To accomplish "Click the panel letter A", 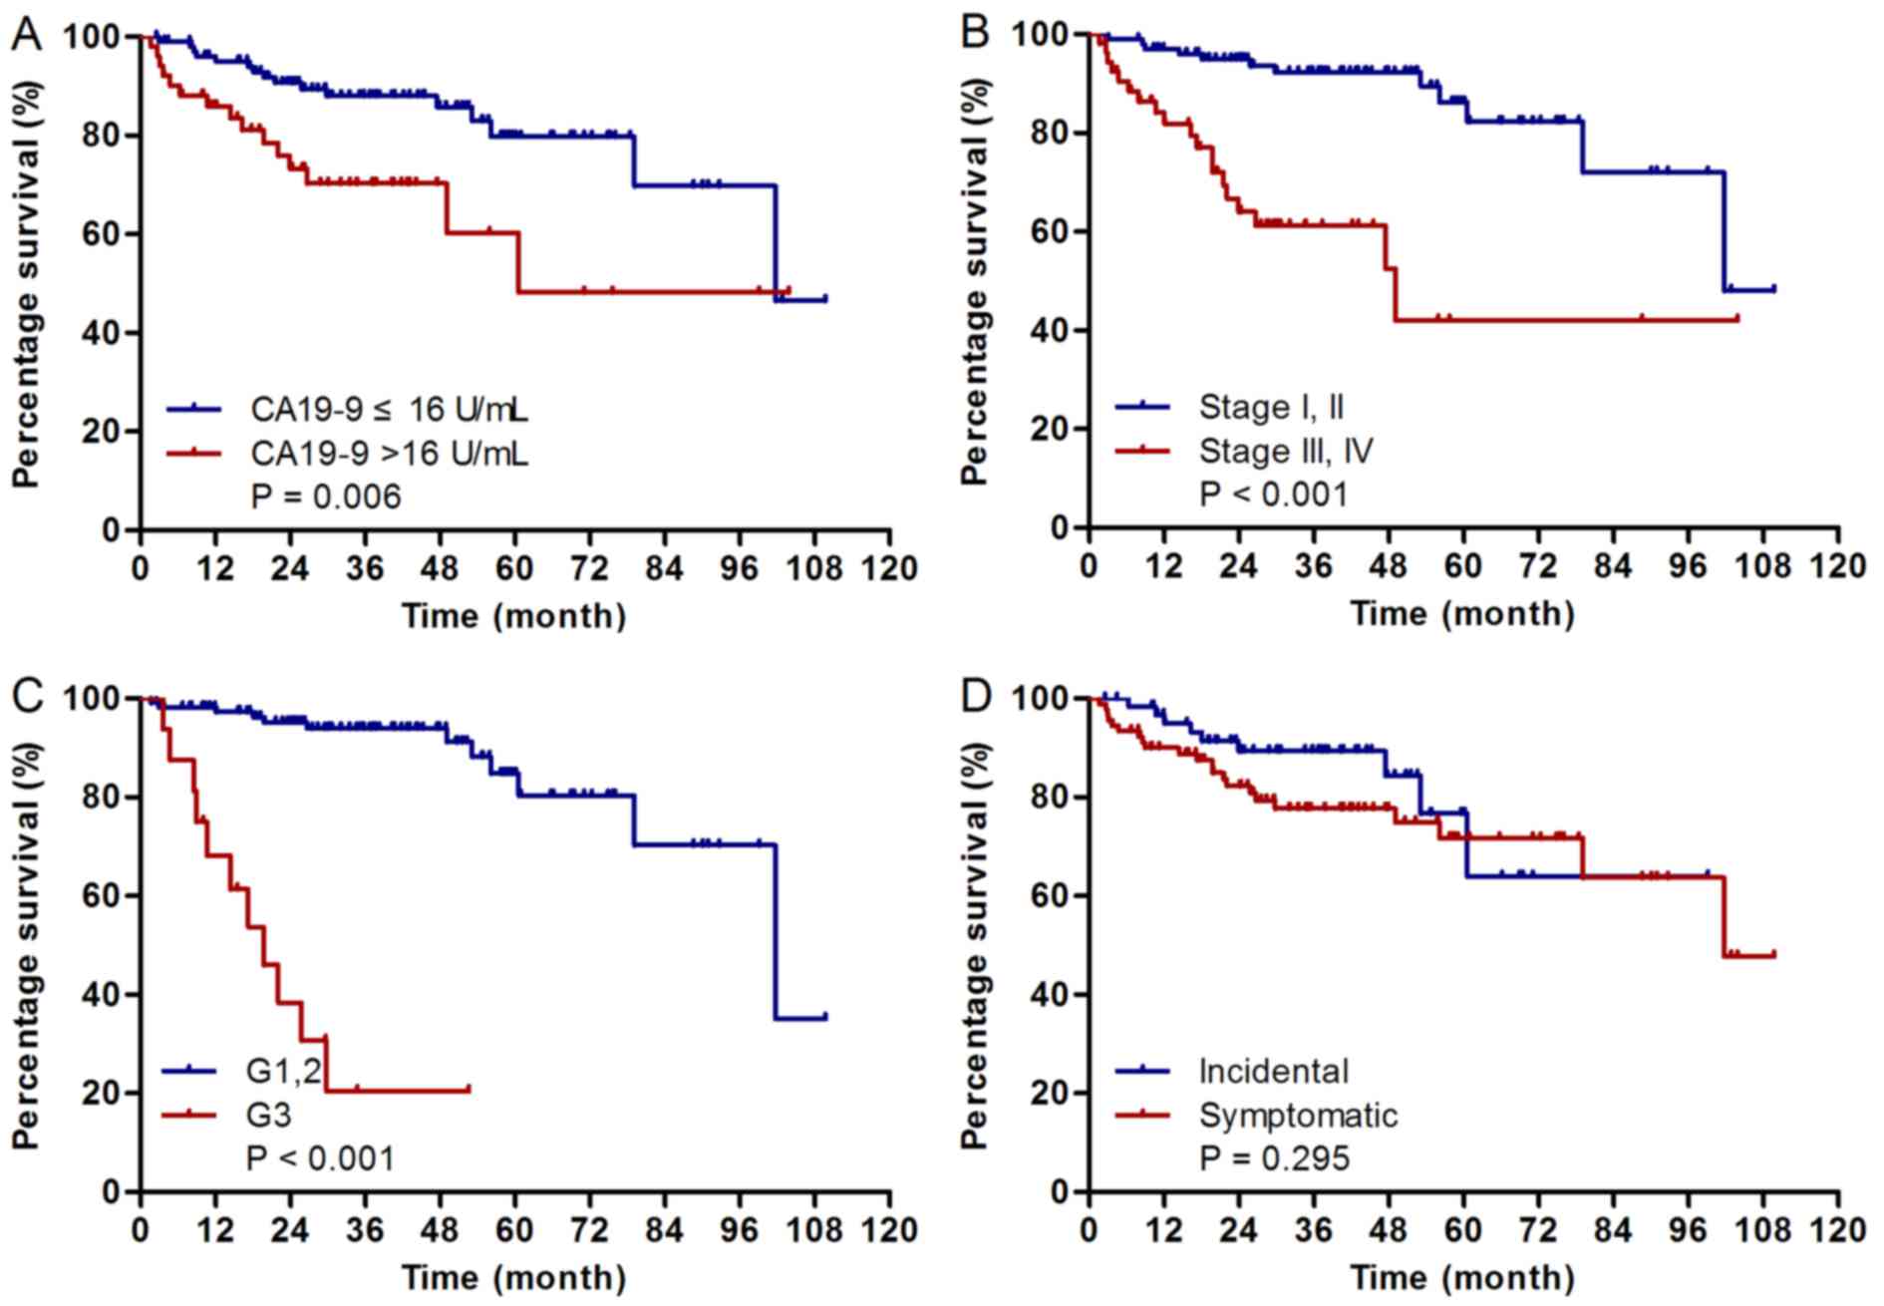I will point(28,34).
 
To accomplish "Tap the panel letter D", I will point(976,696).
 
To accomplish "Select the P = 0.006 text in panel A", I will point(326,495).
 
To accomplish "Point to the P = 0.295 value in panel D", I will point(1274,1157).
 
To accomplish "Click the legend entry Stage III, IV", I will point(1286,451).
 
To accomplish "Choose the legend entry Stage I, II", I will point(1271,407).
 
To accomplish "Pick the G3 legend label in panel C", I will point(269,1114).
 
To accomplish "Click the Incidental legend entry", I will point(1273,1071).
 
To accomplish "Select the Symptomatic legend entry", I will point(1298,1115).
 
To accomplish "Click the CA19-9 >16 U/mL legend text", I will point(389,454).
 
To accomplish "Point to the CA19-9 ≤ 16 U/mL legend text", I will point(389,409).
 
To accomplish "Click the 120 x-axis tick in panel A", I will point(889,568).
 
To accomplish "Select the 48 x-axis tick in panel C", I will point(441,1230).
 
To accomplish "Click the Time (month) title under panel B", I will point(1462,613).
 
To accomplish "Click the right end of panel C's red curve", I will point(469,1090).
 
